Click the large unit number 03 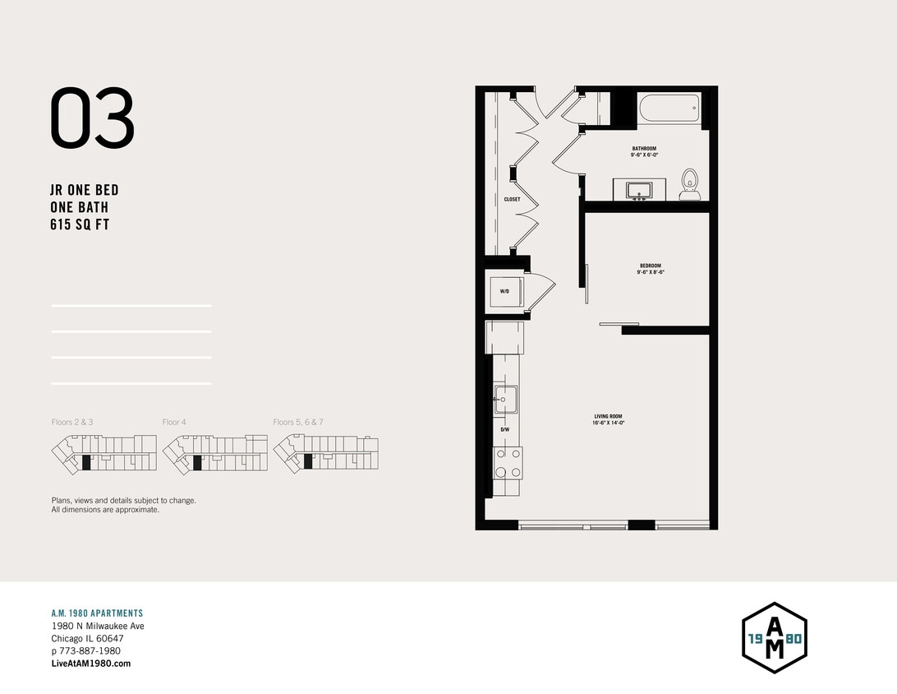coord(92,119)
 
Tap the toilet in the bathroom coord(689,184)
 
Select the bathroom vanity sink coord(638,192)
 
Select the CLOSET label coord(512,199)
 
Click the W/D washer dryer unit coord(504,292)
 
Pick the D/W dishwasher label coord(505,429)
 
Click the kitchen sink coord(505,399)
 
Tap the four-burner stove coord(508,462)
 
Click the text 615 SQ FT coord(80,225)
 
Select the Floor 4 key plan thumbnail coord(214,453)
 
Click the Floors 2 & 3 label coord(72,422)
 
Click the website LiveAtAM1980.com coord(90,664)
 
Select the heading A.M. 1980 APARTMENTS coord(97,613)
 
